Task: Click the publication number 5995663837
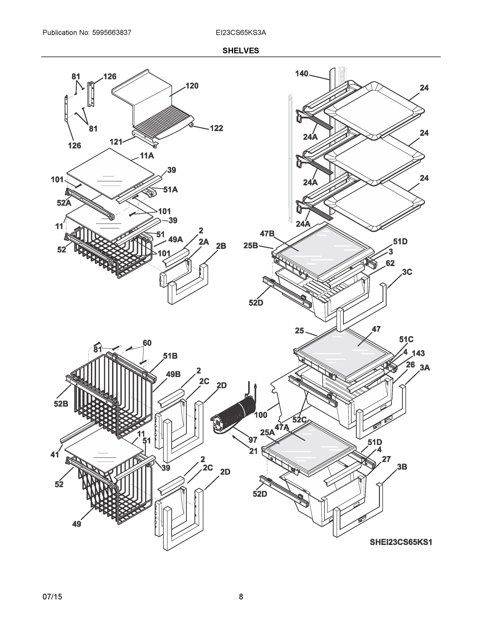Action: pyautogui.click(x=112, y=32)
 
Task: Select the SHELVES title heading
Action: pyautogui.click(x=240, y=51)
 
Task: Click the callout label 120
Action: pyautogui.click(x=192, y=86)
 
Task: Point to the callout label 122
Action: pyautogui.click(x=216, y=128)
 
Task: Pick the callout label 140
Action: pyautogui.click(x=301, y=74)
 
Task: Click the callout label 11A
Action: pyautogui.click(x=147, y=156)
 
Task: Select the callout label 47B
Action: pyautogui.click(x=267, y=234)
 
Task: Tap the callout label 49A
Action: pyautogui.click(x=175, y=239)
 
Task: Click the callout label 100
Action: pyautogui.click(x=260, y=415)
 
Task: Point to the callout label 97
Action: pyautogui.click(x=253, y=440)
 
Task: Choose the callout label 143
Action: pyautogui.click(x=418, y=353)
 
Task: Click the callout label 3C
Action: pyautogui.click(x=407, y=272)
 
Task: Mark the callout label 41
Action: pyautogui.click(x=55, y=454)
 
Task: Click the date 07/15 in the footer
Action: pyautogui.click(x=52, y=597)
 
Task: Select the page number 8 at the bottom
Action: pyautogui.click(x=241, y=597)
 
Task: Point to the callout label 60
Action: pyautogui.click(x=147, y=343)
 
